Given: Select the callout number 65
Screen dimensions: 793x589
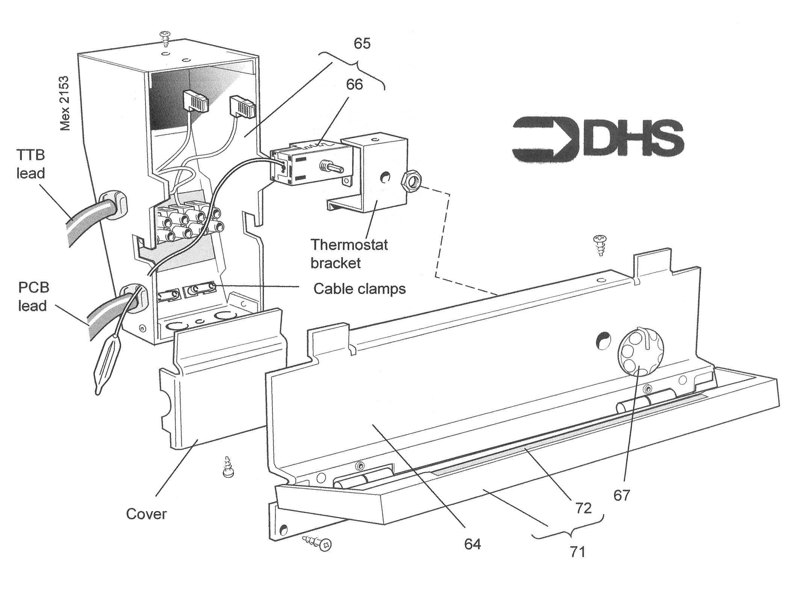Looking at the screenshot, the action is click(x=362, y=44).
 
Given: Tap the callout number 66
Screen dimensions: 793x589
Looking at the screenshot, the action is click(x=354, y=85).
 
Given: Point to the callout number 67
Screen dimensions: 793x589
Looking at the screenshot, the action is click(x=621, y=495).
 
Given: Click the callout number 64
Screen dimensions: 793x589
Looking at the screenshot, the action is click(x=472, y=544).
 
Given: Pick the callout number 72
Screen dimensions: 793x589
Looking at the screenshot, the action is click(x=583, y=508).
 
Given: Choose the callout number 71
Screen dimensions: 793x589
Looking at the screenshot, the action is click(x=577, y=552).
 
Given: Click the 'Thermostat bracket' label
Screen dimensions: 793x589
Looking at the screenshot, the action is click(x=349, y=254).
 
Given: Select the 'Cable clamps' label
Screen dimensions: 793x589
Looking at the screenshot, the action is click(x=360, y=289).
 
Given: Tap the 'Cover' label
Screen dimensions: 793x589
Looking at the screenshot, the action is click(x=146, y=514).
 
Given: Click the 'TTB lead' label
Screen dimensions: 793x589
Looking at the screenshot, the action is click(x=31, y=164).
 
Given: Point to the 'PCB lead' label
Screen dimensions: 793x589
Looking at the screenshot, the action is click(x=33, y=297).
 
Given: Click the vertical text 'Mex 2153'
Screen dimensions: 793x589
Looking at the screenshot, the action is click(x=65, y=98).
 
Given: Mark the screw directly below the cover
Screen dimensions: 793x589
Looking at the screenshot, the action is click(x=227, y=467).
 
